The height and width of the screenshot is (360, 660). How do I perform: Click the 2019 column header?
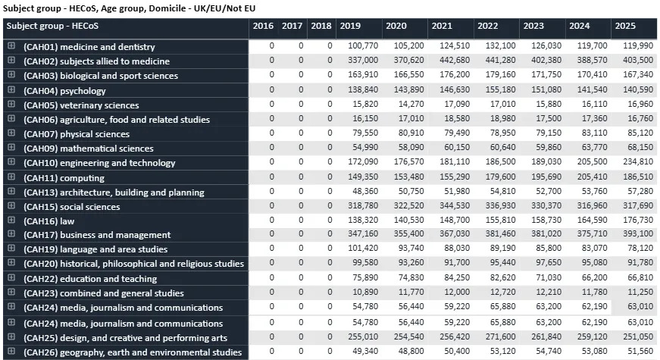[x=350, y=26]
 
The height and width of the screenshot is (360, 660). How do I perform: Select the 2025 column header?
[x=625, y=26]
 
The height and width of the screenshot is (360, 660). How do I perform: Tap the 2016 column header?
[x=263, y=26]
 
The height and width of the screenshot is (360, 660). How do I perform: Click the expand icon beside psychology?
[x=11, y=90]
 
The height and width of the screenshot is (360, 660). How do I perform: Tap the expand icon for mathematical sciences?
[x=11, y=149]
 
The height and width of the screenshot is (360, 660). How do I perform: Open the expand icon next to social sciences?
[x=11, y=207]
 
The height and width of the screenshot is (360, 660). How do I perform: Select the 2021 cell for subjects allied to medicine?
[x=452, y=61]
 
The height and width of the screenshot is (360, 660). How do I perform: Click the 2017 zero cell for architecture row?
[x=300, y=193]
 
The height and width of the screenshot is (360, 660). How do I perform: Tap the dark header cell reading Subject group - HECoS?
[x=125, y=26]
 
